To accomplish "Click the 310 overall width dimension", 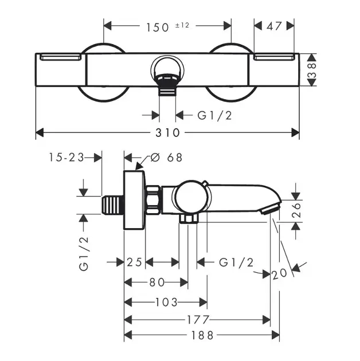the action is pos(167,133).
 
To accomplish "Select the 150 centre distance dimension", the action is pos(158,28).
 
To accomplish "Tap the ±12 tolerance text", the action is pos(182,25).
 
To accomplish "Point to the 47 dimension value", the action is pos(274,26).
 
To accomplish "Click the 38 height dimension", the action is pos(312,70).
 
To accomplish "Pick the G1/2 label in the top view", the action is pos(214,115).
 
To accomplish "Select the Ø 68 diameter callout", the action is pos(166,158).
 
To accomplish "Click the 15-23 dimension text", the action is pos(66,158).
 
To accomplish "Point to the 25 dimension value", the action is pos(134,262).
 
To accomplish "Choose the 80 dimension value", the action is pos(157,282).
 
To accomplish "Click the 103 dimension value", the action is pos(166,303).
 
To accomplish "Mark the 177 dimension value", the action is pos(198,320).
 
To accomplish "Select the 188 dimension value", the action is pos(202,335).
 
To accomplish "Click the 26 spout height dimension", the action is pos(297,210).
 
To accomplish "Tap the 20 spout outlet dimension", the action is pos(280,273).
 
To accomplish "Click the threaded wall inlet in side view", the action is pos(112,205).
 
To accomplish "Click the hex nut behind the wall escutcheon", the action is pos(153,199).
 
